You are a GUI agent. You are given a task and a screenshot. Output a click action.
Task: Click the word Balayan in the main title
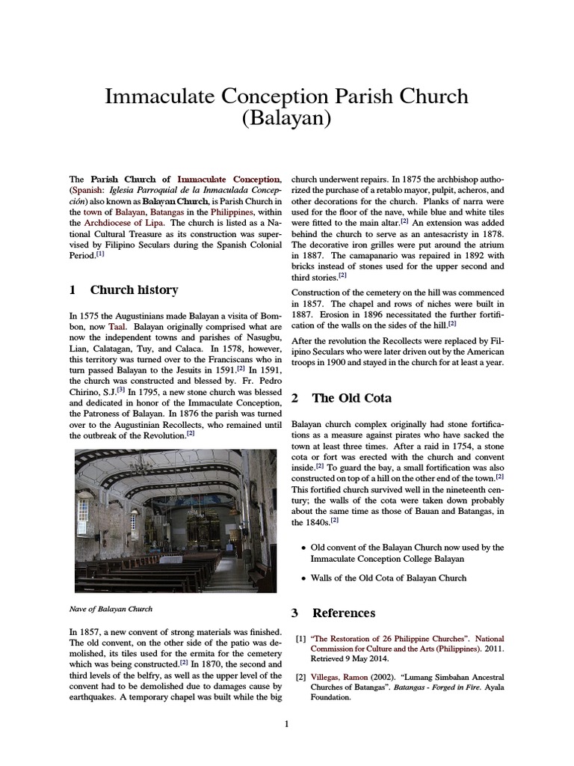[x=287, y=118]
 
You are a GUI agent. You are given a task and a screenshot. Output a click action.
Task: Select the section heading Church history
[x=134, y=289]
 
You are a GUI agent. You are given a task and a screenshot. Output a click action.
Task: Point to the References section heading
[x=343, y=613]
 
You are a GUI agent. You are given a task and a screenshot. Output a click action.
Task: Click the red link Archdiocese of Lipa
[x=121, y=222]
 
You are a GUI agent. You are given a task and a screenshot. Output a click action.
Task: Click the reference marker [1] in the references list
[x=300, y=639]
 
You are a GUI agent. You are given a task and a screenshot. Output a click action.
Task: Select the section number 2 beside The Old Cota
[x=295, y=398]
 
